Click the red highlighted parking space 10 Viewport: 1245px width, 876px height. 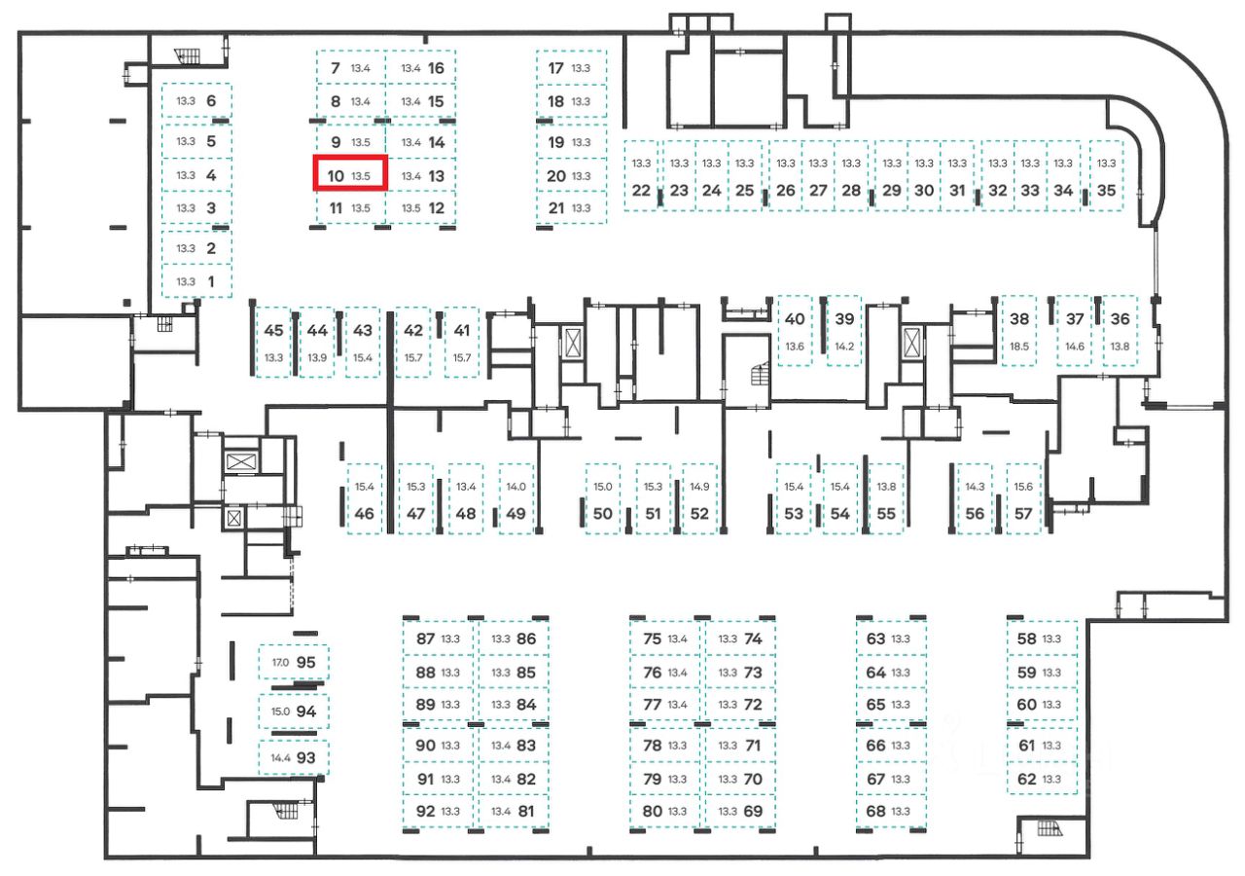(350, 175)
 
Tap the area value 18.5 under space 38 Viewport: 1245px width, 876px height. (1019, 346)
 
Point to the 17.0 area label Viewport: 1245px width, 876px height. (280, 663)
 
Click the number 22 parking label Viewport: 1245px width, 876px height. (641, 191)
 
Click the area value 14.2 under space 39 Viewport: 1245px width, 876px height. (844, 346)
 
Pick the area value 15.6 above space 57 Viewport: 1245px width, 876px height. (1023, 487)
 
